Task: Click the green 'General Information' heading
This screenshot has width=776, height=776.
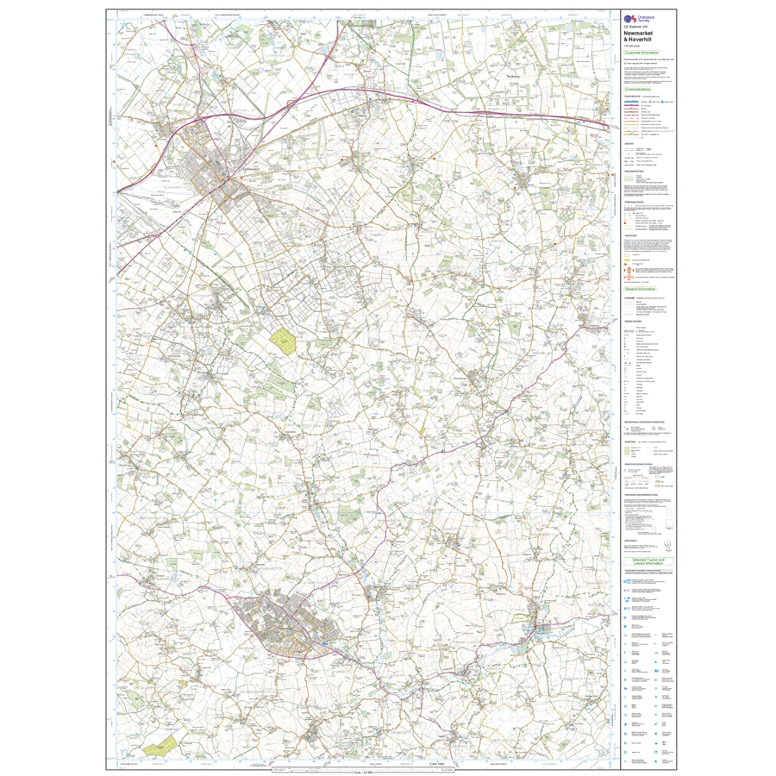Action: (640, 289)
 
